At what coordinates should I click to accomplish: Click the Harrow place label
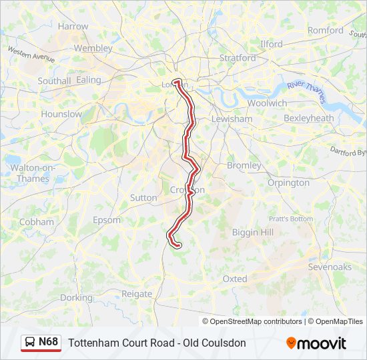point(73,26)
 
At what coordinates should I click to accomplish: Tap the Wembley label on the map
point(93,48)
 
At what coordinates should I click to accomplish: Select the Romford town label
point(325,30)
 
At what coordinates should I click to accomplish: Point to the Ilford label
point(271,44)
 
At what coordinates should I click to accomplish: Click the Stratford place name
point(238,58)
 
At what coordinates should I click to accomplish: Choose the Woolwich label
point(267,103)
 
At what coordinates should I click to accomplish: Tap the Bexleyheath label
point(308,118)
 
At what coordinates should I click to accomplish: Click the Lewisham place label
point(232,119)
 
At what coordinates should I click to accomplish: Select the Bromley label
point(244,165)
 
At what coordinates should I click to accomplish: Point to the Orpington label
point(288,183)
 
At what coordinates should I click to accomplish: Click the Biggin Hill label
point(252,231)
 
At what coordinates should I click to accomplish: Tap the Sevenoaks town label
point(330,267)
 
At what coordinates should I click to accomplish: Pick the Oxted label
point(235,279)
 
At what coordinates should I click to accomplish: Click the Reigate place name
point(137,293)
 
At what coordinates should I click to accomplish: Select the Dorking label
point(76,298)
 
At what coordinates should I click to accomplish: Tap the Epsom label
point(107,220)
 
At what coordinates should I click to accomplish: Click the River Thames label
point(306,91)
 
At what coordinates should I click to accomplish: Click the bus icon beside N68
point(31,342)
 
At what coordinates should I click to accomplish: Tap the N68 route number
point(49,342)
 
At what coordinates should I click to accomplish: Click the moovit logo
point(316,343)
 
